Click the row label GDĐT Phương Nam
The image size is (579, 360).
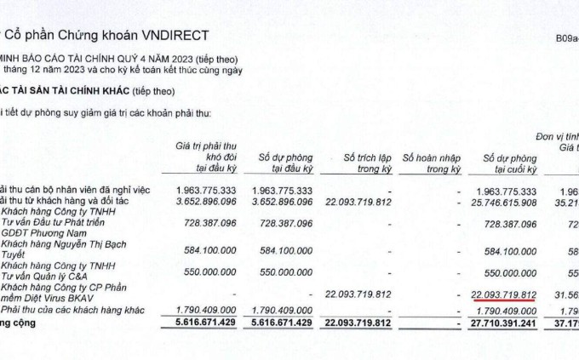(43, 231)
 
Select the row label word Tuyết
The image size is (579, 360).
(14, 254)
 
